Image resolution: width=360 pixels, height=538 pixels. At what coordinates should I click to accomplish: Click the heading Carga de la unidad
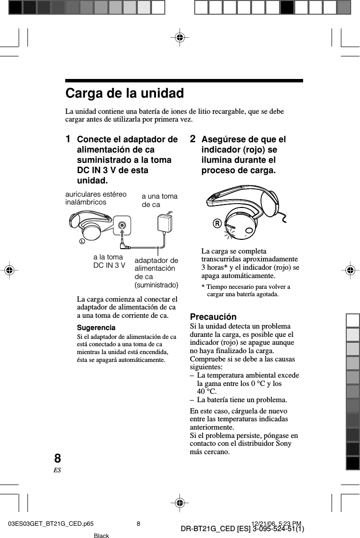click(125, 93)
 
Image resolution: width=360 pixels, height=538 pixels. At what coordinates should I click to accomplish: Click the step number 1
click(69, 139)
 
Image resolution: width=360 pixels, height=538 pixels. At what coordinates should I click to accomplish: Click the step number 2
click(193, 139)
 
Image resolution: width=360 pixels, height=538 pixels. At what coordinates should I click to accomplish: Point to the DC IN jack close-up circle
click(122, 225)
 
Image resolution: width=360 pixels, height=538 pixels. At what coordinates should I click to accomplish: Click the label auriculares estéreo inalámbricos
click(96, 198)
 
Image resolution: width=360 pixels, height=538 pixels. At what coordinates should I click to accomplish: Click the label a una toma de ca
click(159, 200)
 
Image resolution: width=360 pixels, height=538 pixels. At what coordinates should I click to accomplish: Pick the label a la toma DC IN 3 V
click(109, 261)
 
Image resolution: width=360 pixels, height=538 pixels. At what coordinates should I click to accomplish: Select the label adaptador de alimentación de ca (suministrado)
click(156, 272)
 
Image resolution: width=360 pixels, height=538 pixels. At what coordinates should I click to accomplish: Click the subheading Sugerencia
click(96, 327)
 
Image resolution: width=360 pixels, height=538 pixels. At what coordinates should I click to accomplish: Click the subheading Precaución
click(213, 317)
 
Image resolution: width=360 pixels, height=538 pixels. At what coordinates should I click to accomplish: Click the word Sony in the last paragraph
click(282, 443)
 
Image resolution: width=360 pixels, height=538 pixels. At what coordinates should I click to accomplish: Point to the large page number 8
click(57, 459)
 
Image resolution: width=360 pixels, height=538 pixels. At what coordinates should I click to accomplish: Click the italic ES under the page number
click(57, 470)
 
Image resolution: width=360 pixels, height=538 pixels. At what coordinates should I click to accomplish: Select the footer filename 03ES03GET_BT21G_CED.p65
click(51, 524)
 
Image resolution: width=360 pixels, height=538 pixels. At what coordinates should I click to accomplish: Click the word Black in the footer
click(101, 536)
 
